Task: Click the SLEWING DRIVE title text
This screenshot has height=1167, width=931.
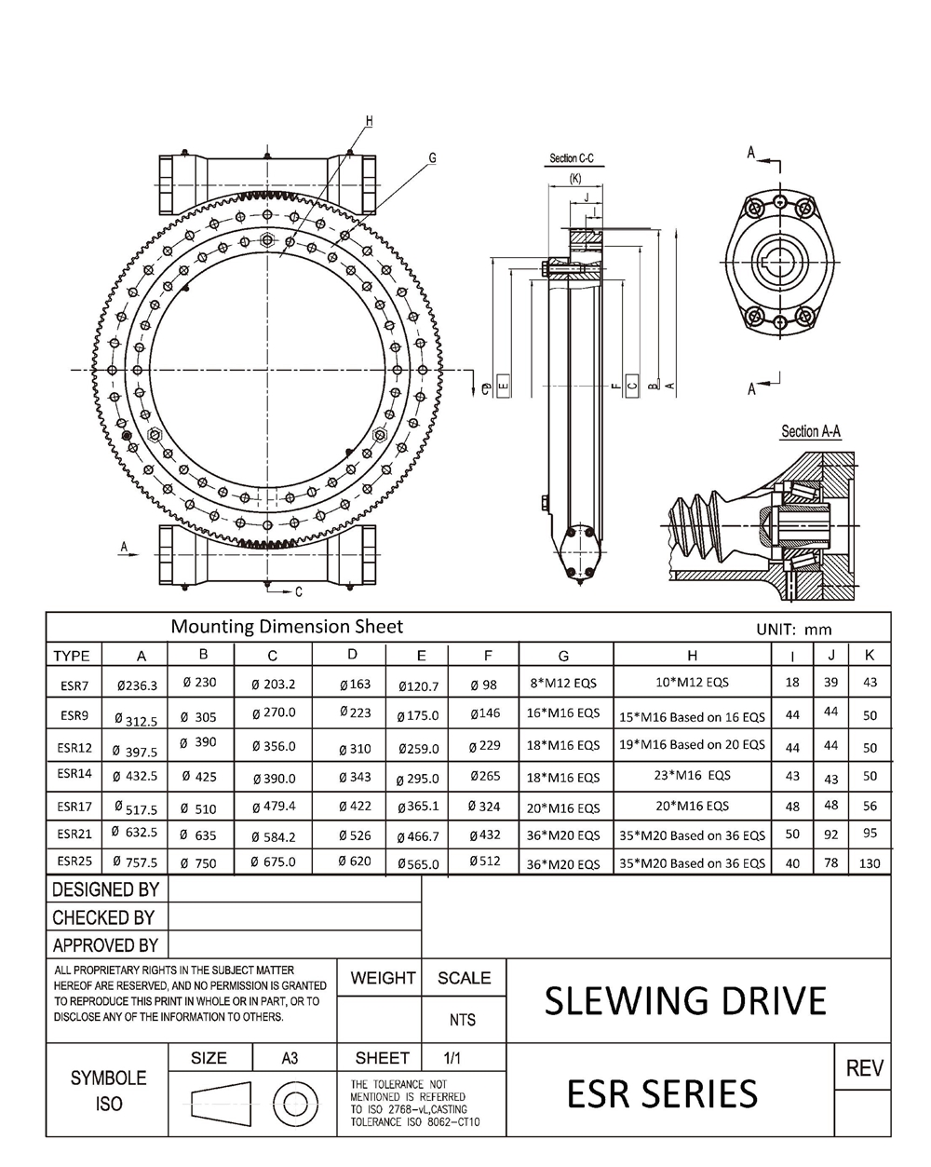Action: click(x=685, y=1001)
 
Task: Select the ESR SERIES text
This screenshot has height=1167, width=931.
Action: click(x=662, y=1093)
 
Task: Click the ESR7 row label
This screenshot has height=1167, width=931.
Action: click(x=74, y=685)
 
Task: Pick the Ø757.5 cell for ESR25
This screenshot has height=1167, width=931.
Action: click(x=135, y=862)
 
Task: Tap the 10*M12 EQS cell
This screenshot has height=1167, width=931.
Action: click(x=692, y=682)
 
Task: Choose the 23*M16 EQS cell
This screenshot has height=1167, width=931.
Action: click(x=692, y=775)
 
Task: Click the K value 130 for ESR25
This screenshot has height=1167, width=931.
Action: click(x=870, y=863)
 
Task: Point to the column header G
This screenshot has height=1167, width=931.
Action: click(x=564, y=656)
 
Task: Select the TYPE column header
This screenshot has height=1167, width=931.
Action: click(x=72, y=656)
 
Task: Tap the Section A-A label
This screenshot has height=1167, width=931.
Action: click(x=811, y=431)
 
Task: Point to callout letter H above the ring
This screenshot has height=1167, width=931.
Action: click(x=369, y=121)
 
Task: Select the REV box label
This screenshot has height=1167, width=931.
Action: click(x=864, y=1068)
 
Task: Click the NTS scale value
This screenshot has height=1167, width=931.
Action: click(x=463, y=1020)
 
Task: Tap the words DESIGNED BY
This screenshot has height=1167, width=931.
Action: click(x=106, y=889)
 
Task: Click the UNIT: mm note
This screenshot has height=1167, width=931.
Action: click(x=794, y=630)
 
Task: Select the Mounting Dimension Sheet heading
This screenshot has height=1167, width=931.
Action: click(x=287, y=627)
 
